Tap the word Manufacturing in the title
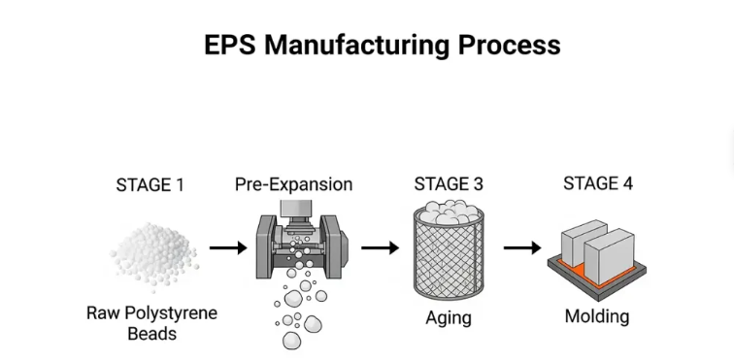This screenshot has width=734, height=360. (356, 46)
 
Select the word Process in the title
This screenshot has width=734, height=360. (509, 46)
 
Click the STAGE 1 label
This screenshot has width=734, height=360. (150, 185)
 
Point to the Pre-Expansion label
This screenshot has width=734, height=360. (293, 184)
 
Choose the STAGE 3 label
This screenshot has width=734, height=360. (448, 184)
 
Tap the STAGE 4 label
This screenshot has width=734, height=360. (598, 183)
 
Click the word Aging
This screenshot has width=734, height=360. (449, 318)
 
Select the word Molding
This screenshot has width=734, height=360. (597, 316)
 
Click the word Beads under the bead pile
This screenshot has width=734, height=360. (152, 334)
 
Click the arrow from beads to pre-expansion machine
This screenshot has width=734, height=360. (228, 247)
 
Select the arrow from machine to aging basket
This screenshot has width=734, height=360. (380, 247)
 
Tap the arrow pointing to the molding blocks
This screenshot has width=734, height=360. (522, 247)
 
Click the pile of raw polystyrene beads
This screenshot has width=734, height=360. (153, 255)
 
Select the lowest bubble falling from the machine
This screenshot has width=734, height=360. (291, 341)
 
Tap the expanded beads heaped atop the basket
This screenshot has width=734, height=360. (449, 212)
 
